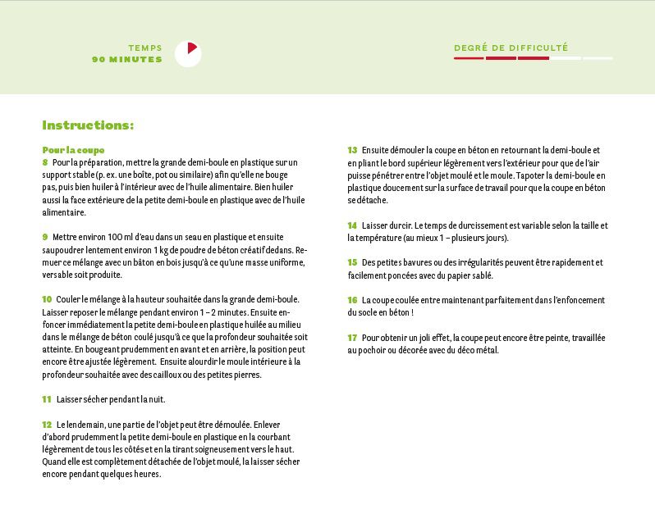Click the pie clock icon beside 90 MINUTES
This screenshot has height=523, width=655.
click(x=188, y=53)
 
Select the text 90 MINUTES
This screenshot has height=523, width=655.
click(x=127, y=59)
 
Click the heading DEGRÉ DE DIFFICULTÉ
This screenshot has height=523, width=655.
click(x=511, y=48)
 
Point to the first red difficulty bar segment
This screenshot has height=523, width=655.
click(x=469, y=58)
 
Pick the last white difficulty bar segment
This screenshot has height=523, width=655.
click(x=597, y=58)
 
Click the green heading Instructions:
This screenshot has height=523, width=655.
click(x=88, y=125)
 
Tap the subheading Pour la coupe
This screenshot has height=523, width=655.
click(x=73, y=150)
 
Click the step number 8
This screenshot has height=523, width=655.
click(x=45, y=162)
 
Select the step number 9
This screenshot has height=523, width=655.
click(x=45, y=237)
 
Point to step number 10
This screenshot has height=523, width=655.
click(x=47, y=299)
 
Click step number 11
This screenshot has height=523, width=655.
click(x=47, y=399)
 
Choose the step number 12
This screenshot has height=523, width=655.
click(x=47, y=425)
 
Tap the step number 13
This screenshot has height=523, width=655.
click(x=352, y=150)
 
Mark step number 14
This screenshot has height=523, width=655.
click(x=352, y=225)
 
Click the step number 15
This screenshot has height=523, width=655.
click(x=352, y=262)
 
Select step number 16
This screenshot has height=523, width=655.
click(x=352, y=300)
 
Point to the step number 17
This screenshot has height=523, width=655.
click(x=352, y=337)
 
